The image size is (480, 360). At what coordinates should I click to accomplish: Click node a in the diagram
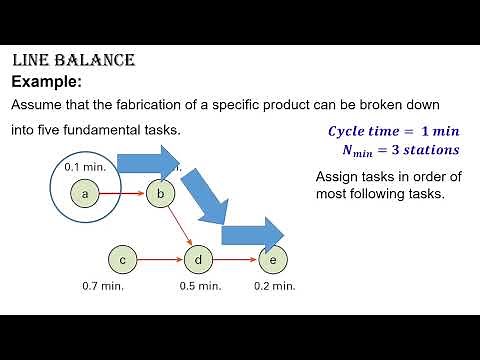[x=87, y=193]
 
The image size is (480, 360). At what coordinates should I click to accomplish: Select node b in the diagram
[x=160, y=193]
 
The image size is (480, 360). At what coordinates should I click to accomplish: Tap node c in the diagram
[x=122, y=261]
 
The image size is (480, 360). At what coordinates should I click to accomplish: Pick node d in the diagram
[x=199, y=261]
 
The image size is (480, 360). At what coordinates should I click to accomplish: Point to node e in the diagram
[x=272, y=261]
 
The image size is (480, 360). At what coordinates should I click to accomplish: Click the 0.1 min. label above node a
[x=83, y=166]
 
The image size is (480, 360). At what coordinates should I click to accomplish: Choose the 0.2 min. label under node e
[x=275, y=286]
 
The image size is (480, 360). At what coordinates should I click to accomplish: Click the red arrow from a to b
[x=124, y=193]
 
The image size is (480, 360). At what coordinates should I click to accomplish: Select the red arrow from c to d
[x=160, y=261]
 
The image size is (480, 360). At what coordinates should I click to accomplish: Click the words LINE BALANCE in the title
[x=73, y=61]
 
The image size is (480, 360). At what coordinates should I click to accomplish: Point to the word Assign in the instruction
[x=338, y=177]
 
